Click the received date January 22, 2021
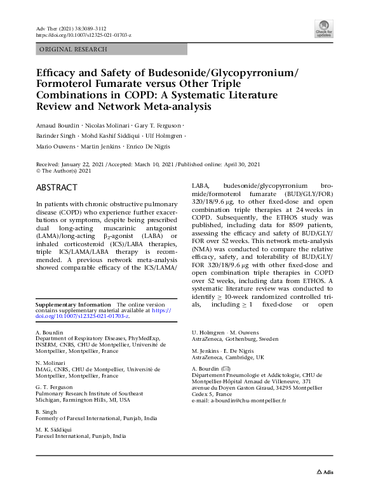coord(90,164)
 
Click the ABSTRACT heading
coord(57,187)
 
